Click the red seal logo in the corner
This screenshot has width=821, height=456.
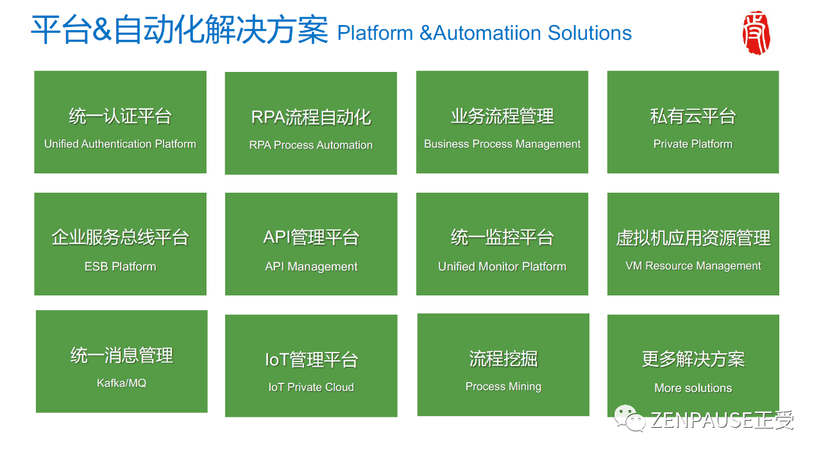pyautogui.click(x=756, y=33)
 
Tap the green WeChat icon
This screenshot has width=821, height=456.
pyautogui.click(x=630, y=418)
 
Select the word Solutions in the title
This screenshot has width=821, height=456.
pyautogui.click(x=589, y=33)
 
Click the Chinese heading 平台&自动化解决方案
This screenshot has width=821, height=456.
pyautogui.click(x=180, y=30)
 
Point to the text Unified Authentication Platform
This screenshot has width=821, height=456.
pyautogui.click(x=120, y=144)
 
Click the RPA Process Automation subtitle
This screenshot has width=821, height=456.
pyautogui.click(x=311, y=145)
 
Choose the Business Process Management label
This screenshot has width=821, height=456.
pyautogui.click(x=502, y=144)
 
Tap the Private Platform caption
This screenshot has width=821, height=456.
pyautogui.click(x=693, y=144)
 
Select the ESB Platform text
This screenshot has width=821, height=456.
pyautogui.click(x=120, y=266)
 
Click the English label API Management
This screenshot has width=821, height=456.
pyautogui.click(x=311, y=267)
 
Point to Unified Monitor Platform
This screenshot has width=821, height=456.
pyautogui.click(x=502, y=266)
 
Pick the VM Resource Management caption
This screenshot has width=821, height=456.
pyautogui.click(x=693, y=265)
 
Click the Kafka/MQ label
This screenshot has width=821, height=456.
pyautogui.click(x=121, y=383)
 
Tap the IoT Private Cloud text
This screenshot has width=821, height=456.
pyautogui.click(x=311, y=387)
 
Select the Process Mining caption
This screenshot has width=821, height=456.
pyautogui.click(x=504, y=386)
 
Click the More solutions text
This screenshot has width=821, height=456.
pyautogui.click(x=693, y=388)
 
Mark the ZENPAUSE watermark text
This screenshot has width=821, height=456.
pyautogui.click(x=722, y=419)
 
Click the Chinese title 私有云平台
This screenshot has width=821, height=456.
pyautogui.click(x=693, y=116)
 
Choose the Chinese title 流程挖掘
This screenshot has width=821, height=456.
pyautogui.click(x=504, y=359)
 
